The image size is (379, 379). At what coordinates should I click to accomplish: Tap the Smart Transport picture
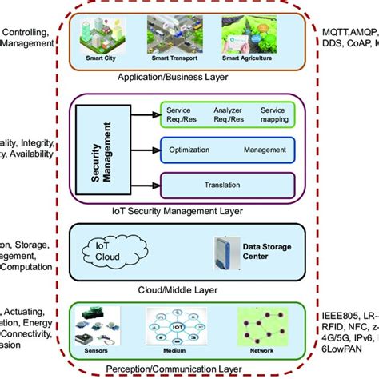[174, 36]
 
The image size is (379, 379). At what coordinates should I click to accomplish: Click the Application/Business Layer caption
[174, 78]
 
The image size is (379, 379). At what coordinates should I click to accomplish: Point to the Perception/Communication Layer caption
[174, 369]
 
